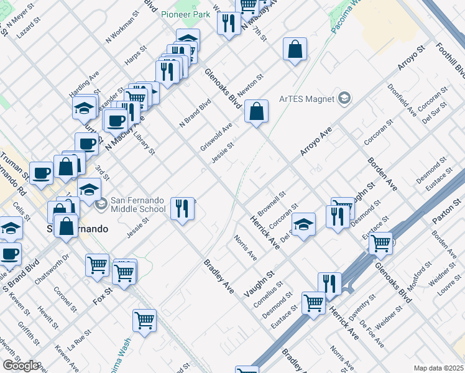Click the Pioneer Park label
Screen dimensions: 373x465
(186, 14)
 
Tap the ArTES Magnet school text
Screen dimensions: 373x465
(306, 98)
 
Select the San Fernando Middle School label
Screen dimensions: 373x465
(138, 205)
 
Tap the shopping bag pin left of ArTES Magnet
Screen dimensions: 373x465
(295, 49)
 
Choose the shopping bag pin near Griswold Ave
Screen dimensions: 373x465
(256, 113)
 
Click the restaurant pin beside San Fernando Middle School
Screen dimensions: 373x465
(182, 208)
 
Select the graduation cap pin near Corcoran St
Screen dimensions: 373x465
(303, 224)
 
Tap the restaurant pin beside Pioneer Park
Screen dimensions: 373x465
(229, 24)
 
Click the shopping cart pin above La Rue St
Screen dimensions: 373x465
(144, 321)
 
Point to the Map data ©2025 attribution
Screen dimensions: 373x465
(438, 368)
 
